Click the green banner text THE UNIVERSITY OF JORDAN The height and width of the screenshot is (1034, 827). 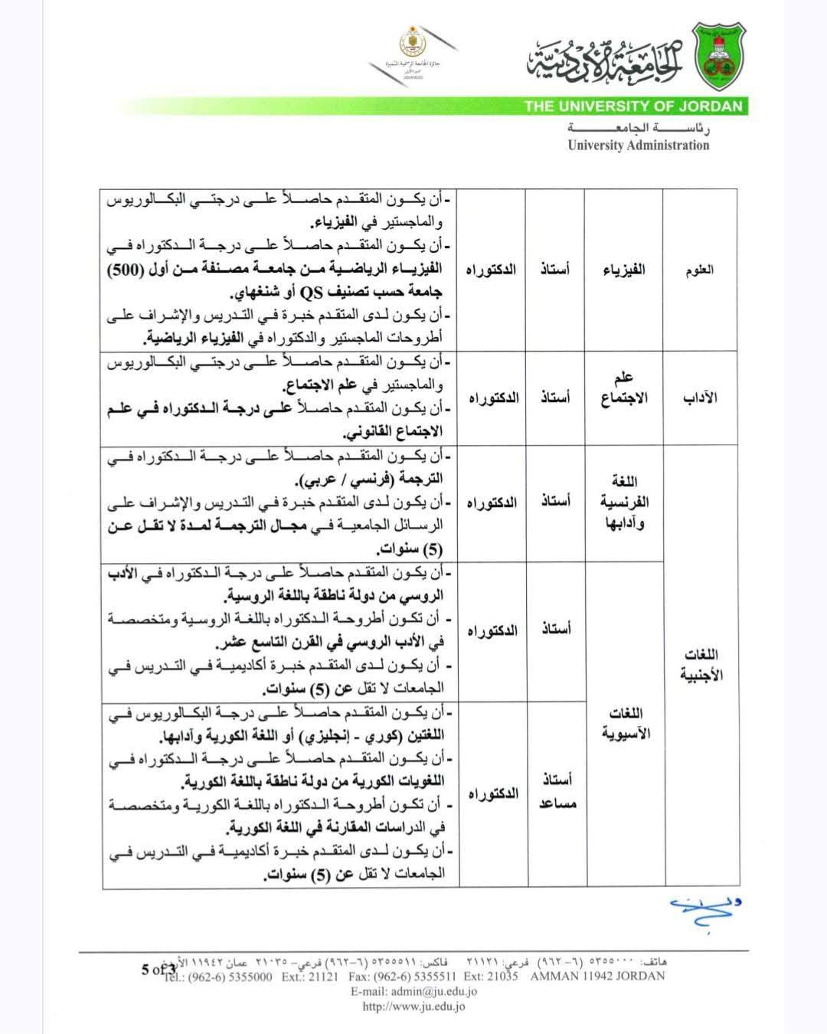click(x=633, y=106)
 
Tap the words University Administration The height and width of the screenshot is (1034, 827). click(x=638, y=146)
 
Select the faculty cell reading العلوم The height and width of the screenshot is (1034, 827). click(x=701, y=270)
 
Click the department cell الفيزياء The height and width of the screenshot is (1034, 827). click(x=625, y=270)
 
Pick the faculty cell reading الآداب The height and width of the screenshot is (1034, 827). click(x=701, y=398)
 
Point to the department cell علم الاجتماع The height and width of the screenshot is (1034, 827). click(x=625, y=388)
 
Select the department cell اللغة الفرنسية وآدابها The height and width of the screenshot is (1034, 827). click(x=625, y=502)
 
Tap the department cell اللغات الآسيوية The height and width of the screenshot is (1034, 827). click(x=625, y=723)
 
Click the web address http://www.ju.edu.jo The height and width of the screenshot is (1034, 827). click(x=413, y=1006)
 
